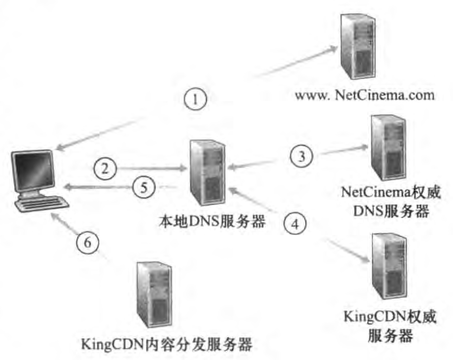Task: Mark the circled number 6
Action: pos(88,243)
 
